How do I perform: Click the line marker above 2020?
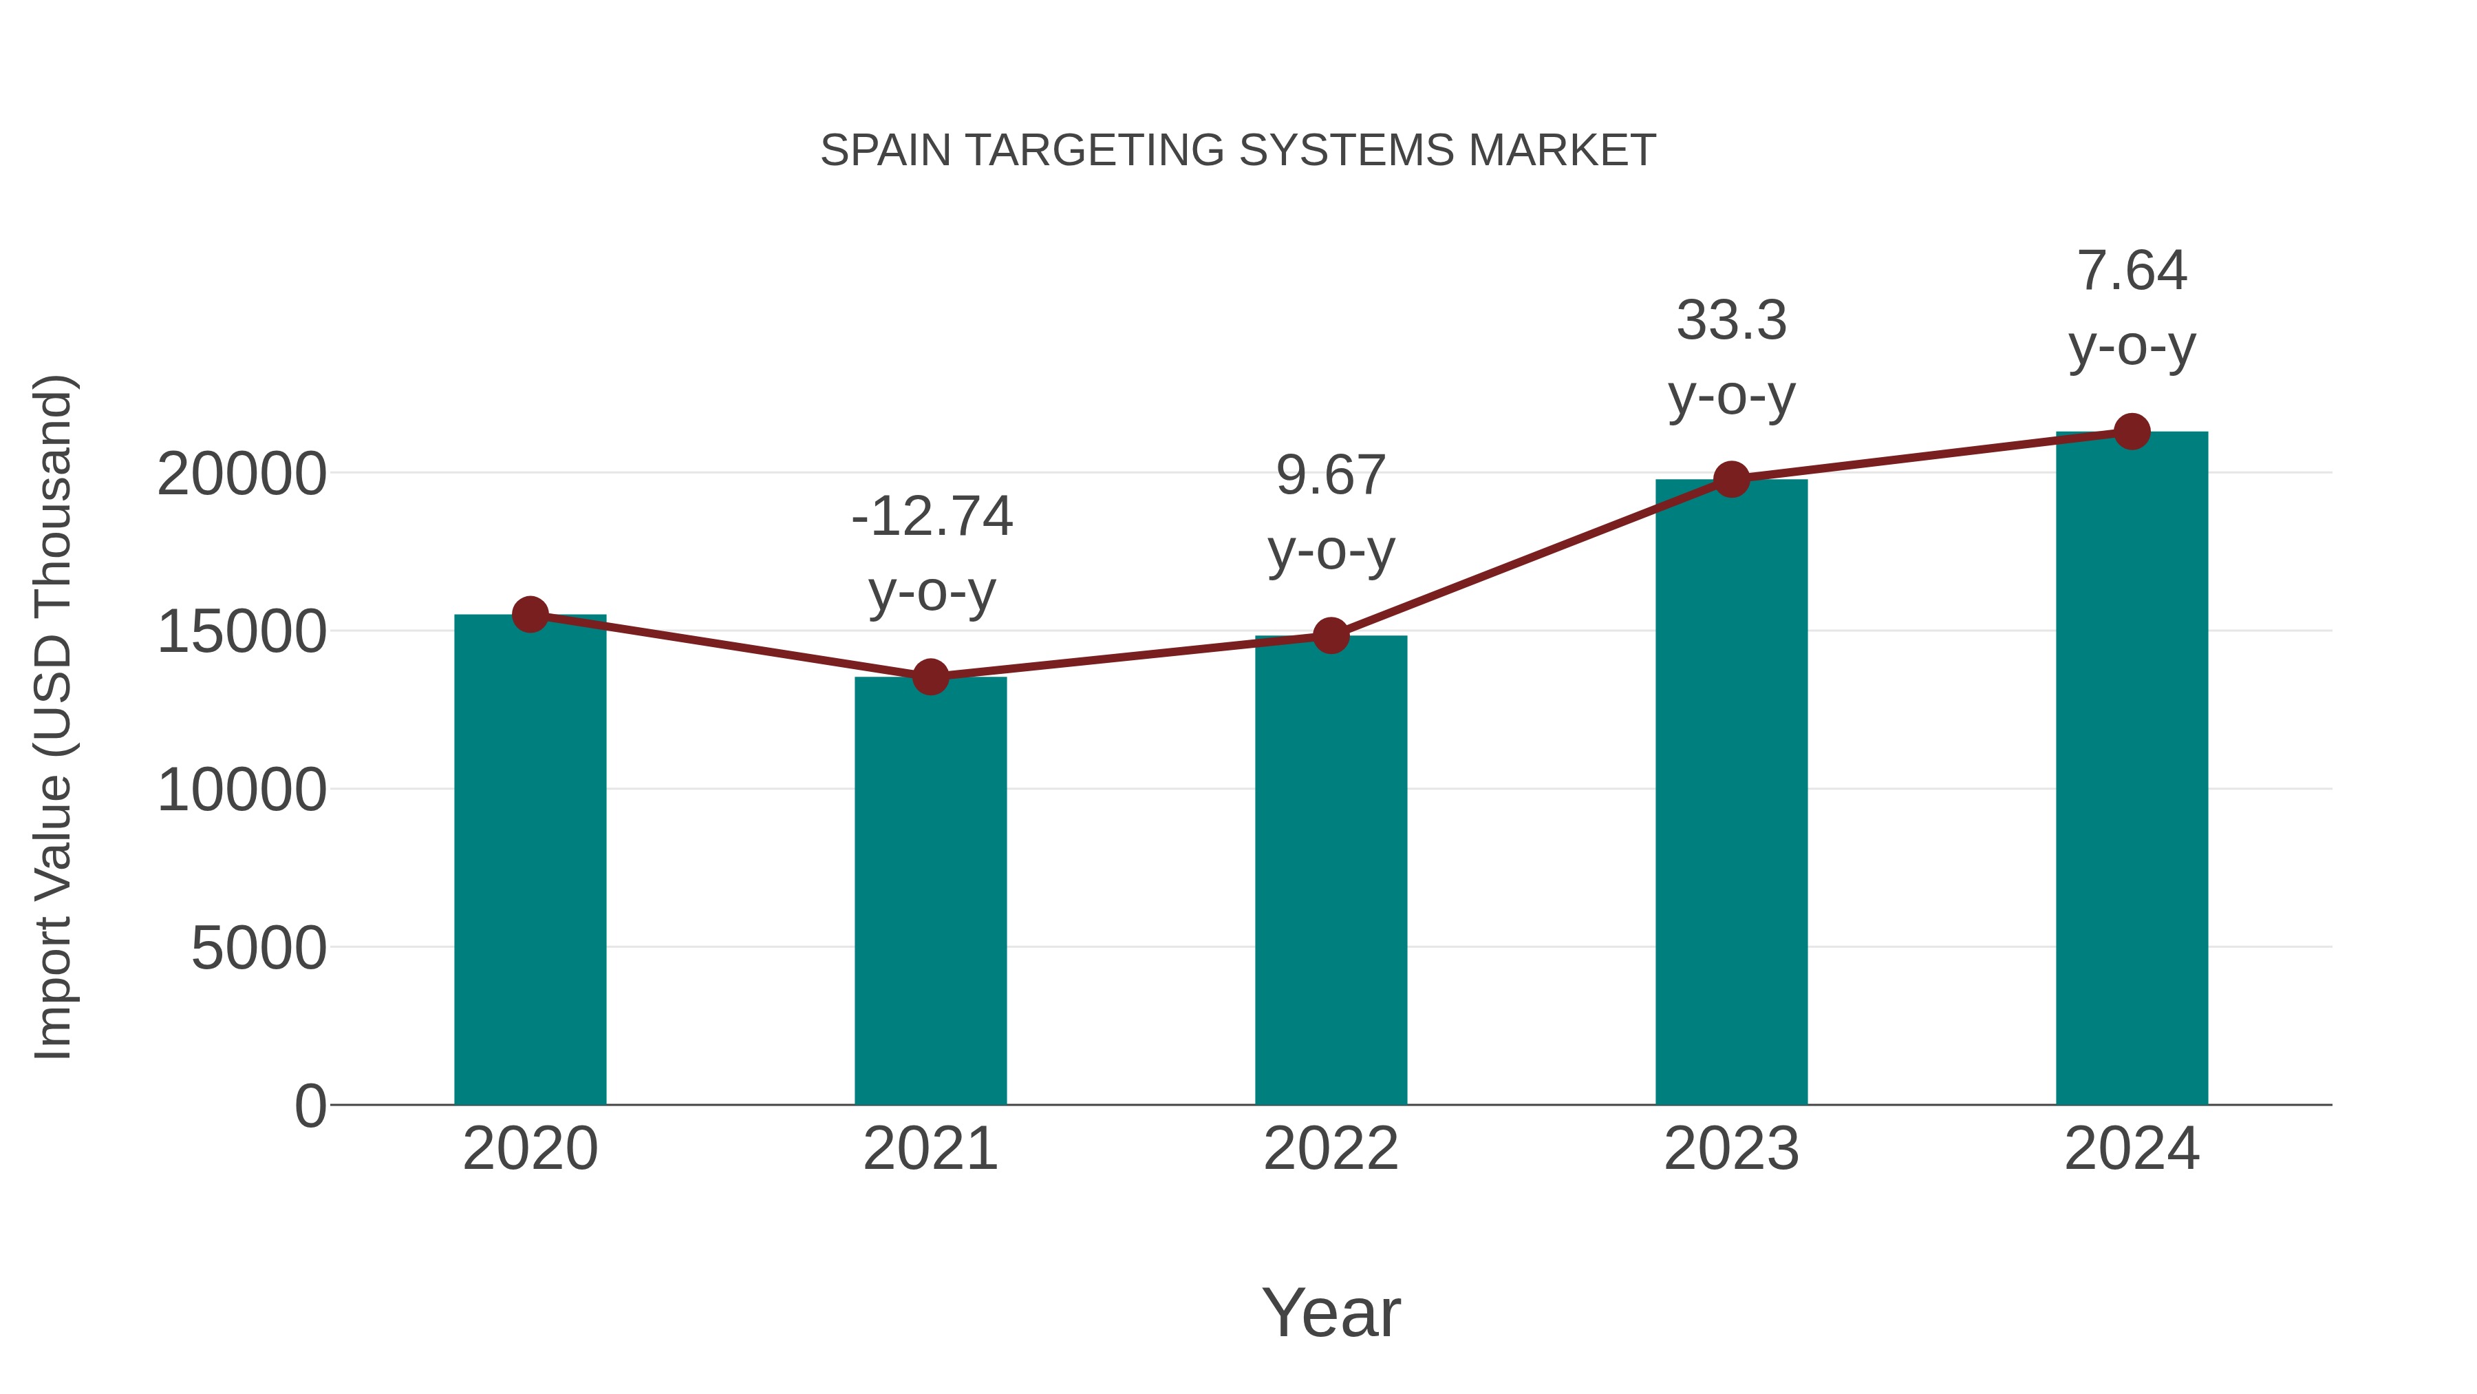pyautogui.click(x=530, y=614)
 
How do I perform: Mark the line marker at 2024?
pyautogui.click(x=2132, y=432)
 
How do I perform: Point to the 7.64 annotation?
pyautogui.click(x=2132, y=271)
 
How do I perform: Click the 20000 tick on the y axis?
pyautogui.click(x=242, y=474)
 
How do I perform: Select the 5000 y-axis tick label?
pyautogui.click(x=259, y=949)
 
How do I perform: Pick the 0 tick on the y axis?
pyautogui.click(x=310, y=1106)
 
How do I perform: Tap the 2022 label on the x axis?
pyautogui.click(x=1331, y=1149)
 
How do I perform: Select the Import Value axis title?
pyautogui.click(x=53, y=717)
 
